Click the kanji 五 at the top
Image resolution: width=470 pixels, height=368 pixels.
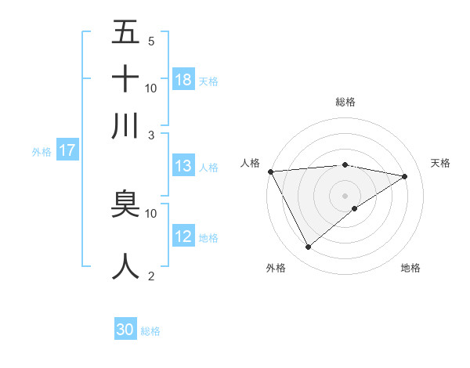[x=125, y=34]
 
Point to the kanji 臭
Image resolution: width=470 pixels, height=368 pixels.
[x=125, y=205]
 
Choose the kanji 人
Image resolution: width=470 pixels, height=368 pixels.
[x=125, y=265]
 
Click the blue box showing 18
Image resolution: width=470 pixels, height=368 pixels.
[x=183, y=79]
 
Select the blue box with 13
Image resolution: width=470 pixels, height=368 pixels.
[x=183, y=165]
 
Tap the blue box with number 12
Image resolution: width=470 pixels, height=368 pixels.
[x=183, y=236]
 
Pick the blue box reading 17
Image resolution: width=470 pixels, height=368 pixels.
[x=67, y=150]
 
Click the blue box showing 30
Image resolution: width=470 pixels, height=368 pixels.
[x=125, y=330]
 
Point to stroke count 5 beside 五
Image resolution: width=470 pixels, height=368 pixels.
[x=150, y=41]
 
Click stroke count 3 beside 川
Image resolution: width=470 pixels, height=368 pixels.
[x=150, y=135]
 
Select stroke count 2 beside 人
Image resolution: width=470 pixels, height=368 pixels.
[x=150, y=276]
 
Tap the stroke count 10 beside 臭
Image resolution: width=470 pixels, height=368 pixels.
[x=150, y=213]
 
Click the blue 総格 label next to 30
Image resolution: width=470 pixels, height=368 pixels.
[x=150, y=331]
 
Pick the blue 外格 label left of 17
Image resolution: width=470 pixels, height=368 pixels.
[x=41, y=152]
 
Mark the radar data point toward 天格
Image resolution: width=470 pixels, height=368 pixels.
[x=405, y=177]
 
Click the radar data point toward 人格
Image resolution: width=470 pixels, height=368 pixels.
[x=270, y=171]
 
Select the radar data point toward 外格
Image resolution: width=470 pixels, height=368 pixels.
[x=308, y=247]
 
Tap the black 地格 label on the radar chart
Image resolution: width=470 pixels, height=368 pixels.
[x=410, y=269]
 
